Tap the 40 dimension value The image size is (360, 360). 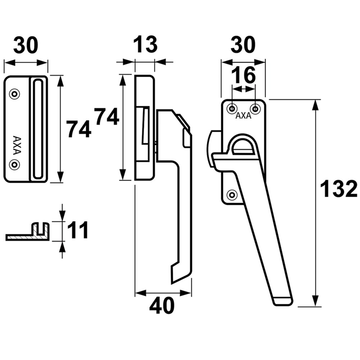(162, 307)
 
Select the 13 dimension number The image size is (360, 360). (145, 45)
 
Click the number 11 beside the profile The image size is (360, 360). (78, 230)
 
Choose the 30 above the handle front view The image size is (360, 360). (242, 45)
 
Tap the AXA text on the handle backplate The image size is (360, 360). (243, 116)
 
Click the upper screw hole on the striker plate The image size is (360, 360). (15, 93)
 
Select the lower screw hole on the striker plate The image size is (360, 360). (15, 165)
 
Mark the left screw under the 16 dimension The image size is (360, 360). (233, 107)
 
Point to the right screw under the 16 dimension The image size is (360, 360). (255, 107)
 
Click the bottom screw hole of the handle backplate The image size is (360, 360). (232, 194)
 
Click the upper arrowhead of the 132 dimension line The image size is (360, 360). (316, 104)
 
